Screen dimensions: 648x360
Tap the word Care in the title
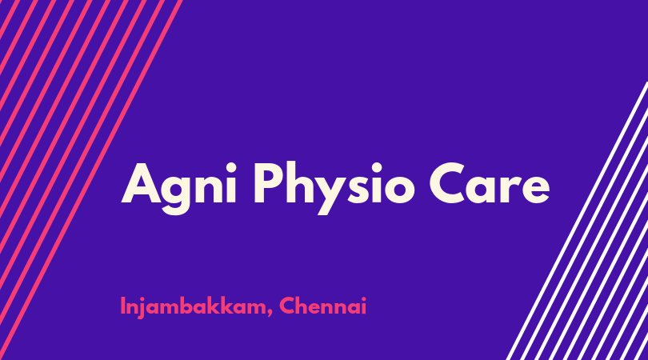point(490,184)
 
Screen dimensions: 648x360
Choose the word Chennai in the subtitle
point(322,306)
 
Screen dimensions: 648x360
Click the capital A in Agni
point(141,183)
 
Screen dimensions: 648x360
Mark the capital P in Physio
point(269,183)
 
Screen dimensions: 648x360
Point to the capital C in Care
point(448,183)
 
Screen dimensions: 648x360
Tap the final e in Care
point(534,190)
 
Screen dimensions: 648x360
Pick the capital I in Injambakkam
point(122,306)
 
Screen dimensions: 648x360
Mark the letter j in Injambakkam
point(145,308)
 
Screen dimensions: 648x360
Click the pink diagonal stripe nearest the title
point(90,180)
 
